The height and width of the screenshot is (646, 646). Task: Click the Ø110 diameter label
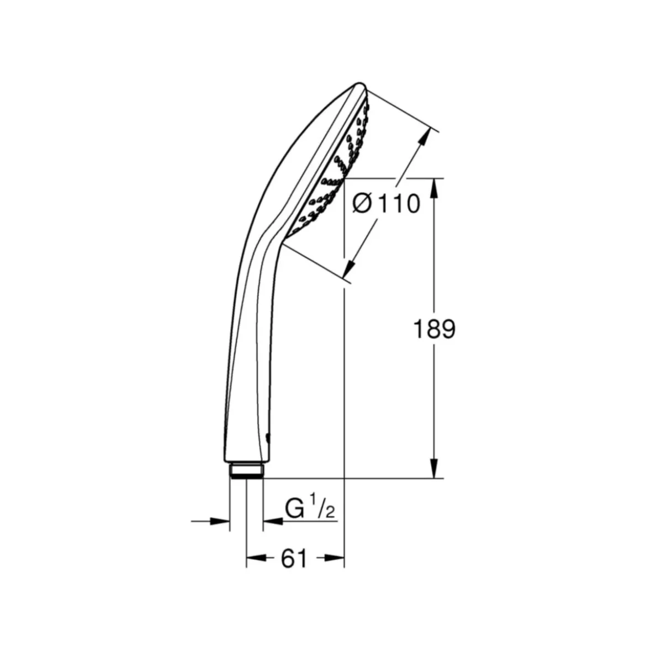coord(386,204)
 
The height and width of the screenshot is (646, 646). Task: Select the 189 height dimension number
coord(434,329)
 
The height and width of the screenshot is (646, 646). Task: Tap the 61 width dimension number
coord(294,559)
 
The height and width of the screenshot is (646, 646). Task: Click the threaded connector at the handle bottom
coord(246,470)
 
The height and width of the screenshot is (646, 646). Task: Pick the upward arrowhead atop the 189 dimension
coord(434,189)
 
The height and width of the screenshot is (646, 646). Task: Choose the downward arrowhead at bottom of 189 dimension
coord(434,468)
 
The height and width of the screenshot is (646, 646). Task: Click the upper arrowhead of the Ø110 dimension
coord(423,137)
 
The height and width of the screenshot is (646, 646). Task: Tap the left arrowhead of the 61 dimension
coord(256,558)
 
